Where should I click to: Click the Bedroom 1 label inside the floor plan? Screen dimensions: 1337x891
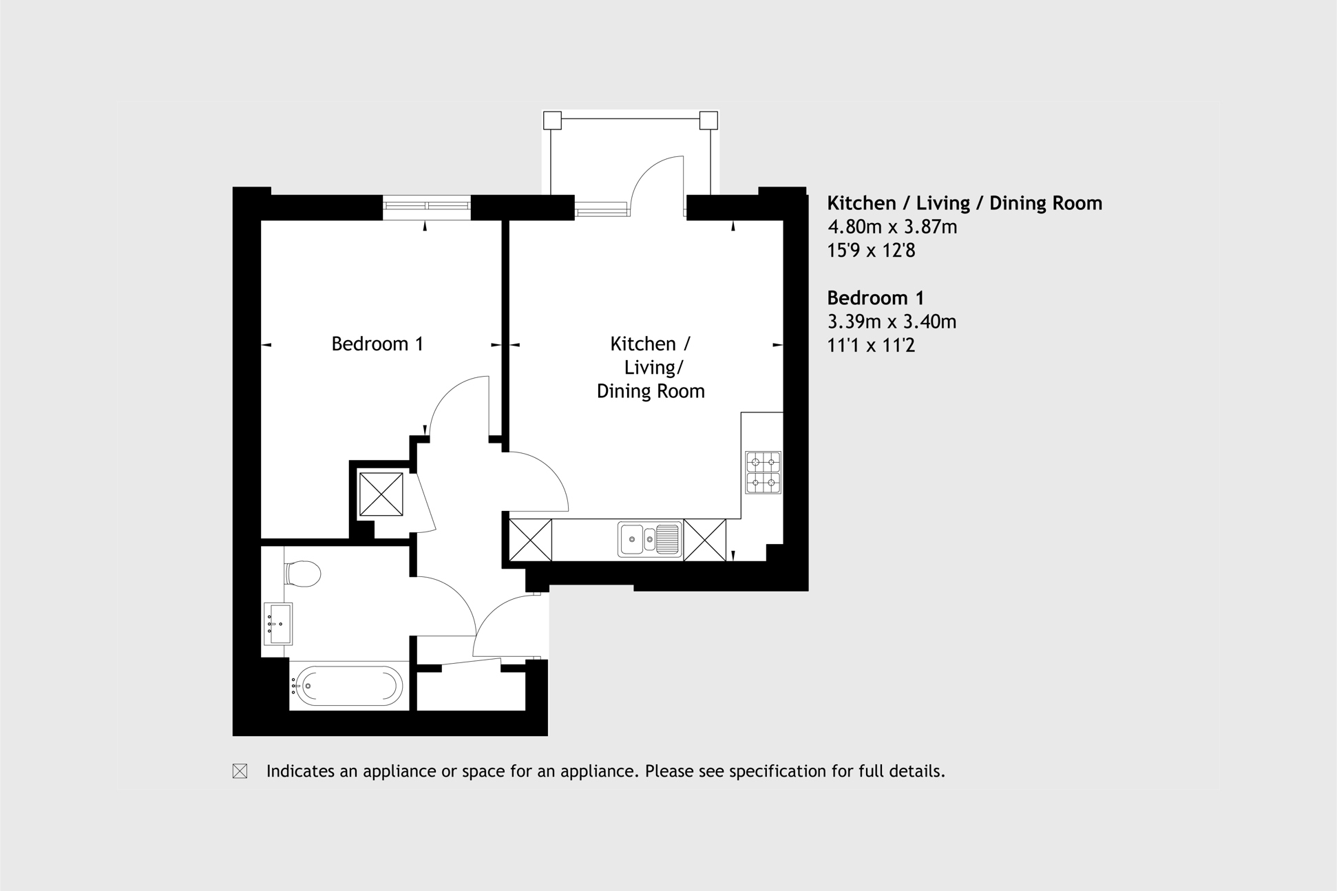pos(377,344)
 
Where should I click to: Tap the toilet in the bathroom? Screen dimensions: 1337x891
pos(302,574)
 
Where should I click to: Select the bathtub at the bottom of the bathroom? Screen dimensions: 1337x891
pos(346,686)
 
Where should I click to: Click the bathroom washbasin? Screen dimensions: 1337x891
pos(278,624)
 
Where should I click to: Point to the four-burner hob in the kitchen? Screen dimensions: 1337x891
pos(763,472)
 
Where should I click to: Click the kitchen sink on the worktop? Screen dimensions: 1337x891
pos(650,539)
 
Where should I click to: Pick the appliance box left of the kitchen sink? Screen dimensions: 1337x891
pos(531,540)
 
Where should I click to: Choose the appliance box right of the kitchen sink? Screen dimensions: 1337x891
pos(704,540)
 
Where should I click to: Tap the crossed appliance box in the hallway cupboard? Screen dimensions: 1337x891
pos(381,494)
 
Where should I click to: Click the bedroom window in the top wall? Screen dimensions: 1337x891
pos(427,207)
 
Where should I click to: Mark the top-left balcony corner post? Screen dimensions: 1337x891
pos(552,120)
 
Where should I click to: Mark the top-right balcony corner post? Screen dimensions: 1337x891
pos(708,120)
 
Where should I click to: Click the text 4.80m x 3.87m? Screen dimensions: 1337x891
pos(892,227)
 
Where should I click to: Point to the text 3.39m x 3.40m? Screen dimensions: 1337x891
pos(892,322)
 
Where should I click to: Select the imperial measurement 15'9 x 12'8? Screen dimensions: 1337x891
pos(871,250)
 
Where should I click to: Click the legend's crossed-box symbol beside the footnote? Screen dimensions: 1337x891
pos(240,771)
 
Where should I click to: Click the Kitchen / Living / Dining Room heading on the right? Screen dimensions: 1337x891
pos(965,203)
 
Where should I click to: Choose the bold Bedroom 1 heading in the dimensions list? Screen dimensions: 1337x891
pos(876,298)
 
